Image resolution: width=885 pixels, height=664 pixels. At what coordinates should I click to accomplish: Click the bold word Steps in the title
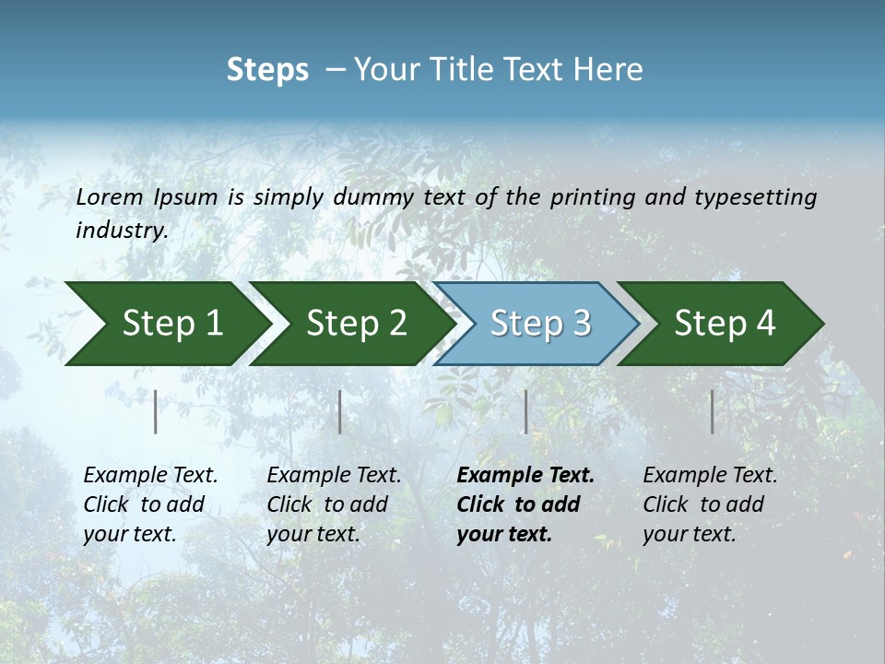tap(267, 70)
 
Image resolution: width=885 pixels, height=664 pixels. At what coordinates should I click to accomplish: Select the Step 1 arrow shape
tap(166, 323)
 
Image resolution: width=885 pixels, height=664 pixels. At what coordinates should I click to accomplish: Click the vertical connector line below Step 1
tap(156, 411)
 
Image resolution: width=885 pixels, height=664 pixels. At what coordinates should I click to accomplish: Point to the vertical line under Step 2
tap(340, 411)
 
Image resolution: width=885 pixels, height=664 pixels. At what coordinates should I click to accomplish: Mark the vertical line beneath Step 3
tap(525, 411)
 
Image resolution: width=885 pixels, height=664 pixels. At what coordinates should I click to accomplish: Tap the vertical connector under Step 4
tap(713, 411)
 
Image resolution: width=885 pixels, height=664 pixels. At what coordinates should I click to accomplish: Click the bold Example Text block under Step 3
tap(525, 504)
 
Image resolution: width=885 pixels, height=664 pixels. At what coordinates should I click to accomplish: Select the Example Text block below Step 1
tap(150, 504)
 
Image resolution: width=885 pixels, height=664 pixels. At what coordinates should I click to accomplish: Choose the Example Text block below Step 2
tap(334, 504)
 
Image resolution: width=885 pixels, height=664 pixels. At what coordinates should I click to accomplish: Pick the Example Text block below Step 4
tap(710, 504)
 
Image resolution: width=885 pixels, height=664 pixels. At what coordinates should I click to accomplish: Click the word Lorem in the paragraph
tap(110, 196)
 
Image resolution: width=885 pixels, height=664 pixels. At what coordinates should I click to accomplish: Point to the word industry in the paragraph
tap(122, 231)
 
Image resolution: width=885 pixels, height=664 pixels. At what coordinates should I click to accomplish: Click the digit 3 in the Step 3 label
tap(581, 323)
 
